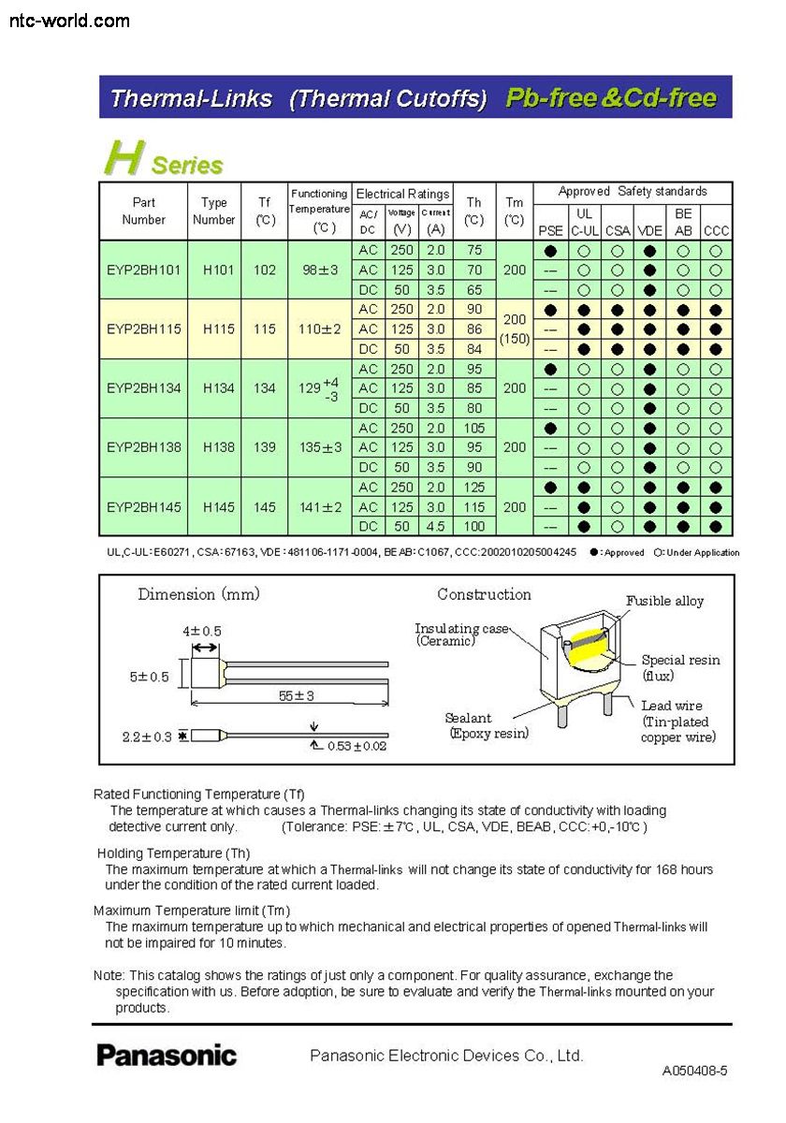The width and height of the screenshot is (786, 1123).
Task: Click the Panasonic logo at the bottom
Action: [x=167, y=1056]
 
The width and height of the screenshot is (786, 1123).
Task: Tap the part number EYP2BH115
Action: [x=143, y=329]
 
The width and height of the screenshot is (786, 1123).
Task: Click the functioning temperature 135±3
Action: [x=320, y=448]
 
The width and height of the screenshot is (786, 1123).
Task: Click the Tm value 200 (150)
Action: [x=514, y=329]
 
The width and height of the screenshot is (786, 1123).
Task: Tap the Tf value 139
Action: [x=265, y=448]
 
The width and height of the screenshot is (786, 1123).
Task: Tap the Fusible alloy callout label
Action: [x=664, y=602]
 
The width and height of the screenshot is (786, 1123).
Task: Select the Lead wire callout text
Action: [x=672, y=706]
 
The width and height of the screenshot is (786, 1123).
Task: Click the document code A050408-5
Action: [x=694, y=1071]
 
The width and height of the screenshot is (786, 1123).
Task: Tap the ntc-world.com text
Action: [x=69, y=20]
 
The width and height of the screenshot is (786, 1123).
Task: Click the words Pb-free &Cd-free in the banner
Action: [x=611, y=97]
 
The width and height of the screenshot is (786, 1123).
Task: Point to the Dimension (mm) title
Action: [x=199, y=594]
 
